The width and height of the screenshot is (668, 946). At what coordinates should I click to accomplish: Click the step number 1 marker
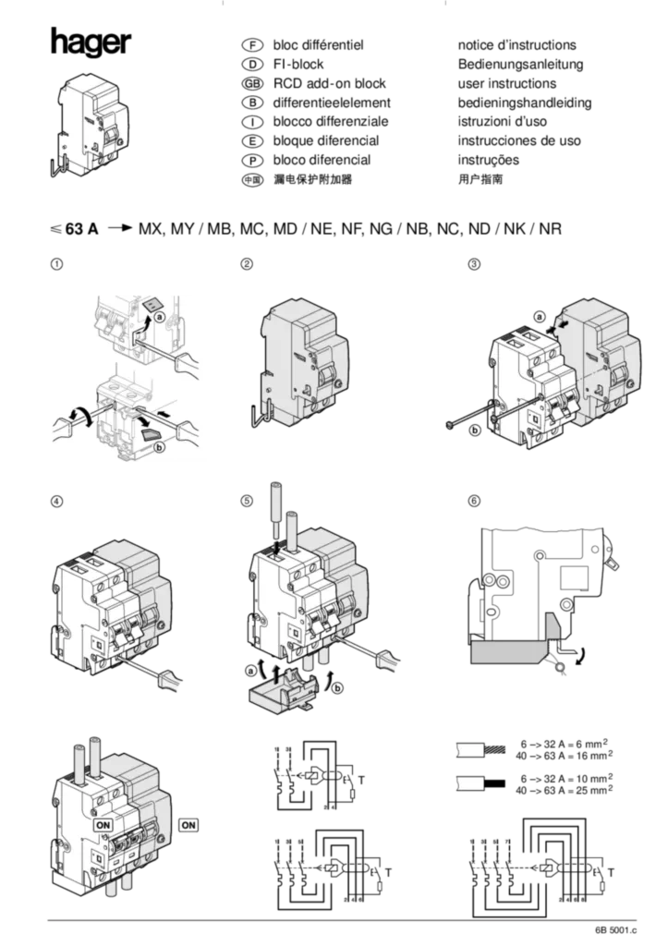57,264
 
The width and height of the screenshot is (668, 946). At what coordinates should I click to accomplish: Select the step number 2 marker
247,264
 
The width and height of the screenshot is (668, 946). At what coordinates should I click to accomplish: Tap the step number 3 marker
474,264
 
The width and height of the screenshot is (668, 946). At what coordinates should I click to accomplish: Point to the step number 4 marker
57,501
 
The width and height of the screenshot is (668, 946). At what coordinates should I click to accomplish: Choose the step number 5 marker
247,501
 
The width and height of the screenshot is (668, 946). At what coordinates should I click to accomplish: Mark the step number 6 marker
474,501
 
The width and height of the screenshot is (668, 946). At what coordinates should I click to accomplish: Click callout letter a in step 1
160,316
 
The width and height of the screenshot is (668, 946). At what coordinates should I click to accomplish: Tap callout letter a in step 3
539,317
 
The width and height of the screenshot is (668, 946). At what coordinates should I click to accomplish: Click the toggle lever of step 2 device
326,376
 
